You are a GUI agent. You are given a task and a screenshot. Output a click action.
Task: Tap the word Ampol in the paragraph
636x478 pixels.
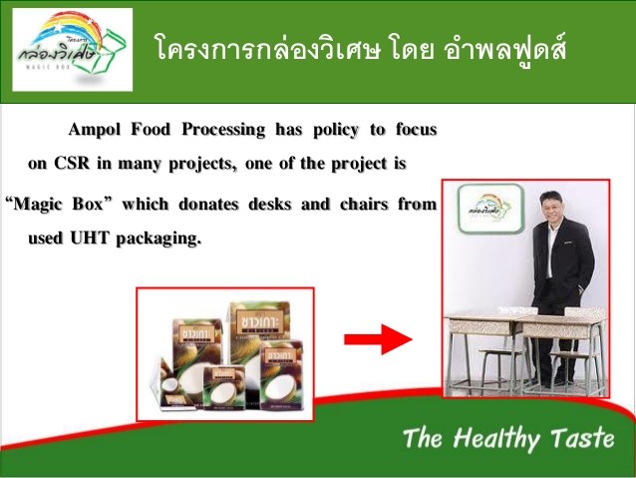(97, 130)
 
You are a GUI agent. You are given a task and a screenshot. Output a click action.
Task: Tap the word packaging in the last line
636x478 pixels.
(162, 238)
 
